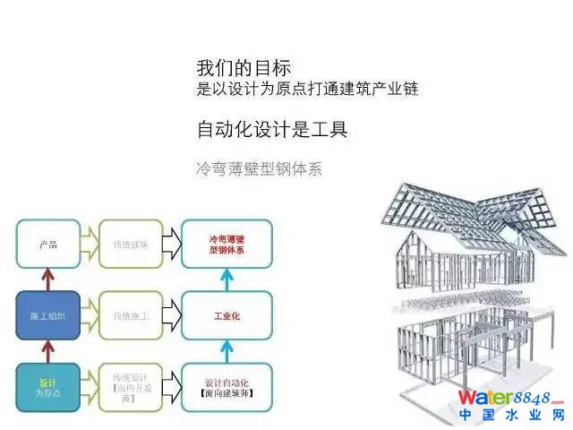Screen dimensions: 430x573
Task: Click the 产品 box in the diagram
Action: coord(48,244)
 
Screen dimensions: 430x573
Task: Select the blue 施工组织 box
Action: coord(48,315)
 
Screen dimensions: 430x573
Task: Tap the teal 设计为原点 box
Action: coord(48,387)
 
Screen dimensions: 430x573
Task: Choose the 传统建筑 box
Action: coord(131,244)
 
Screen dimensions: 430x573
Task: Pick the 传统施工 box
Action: coord(131,315)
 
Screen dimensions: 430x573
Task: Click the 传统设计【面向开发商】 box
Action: coord(131,387)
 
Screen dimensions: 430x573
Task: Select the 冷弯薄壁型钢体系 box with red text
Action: coord(227,244)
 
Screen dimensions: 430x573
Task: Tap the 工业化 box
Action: coord(227,315)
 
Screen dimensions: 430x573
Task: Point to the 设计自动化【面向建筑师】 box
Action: coord(227,387)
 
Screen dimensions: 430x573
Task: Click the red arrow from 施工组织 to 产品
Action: coord(48,279)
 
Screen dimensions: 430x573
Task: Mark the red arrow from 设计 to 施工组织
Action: coord(48,351)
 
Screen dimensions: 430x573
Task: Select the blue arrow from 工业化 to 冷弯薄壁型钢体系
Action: coord(227,279)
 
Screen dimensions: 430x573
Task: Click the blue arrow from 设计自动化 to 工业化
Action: coord(227,351)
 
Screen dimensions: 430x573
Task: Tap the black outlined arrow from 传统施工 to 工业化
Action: coord(174,315)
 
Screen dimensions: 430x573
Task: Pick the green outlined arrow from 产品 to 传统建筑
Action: coord(90,244)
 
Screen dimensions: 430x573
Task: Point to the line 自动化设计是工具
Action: coord(271,129)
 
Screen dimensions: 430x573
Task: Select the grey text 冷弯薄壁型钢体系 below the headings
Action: coord(258,168)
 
